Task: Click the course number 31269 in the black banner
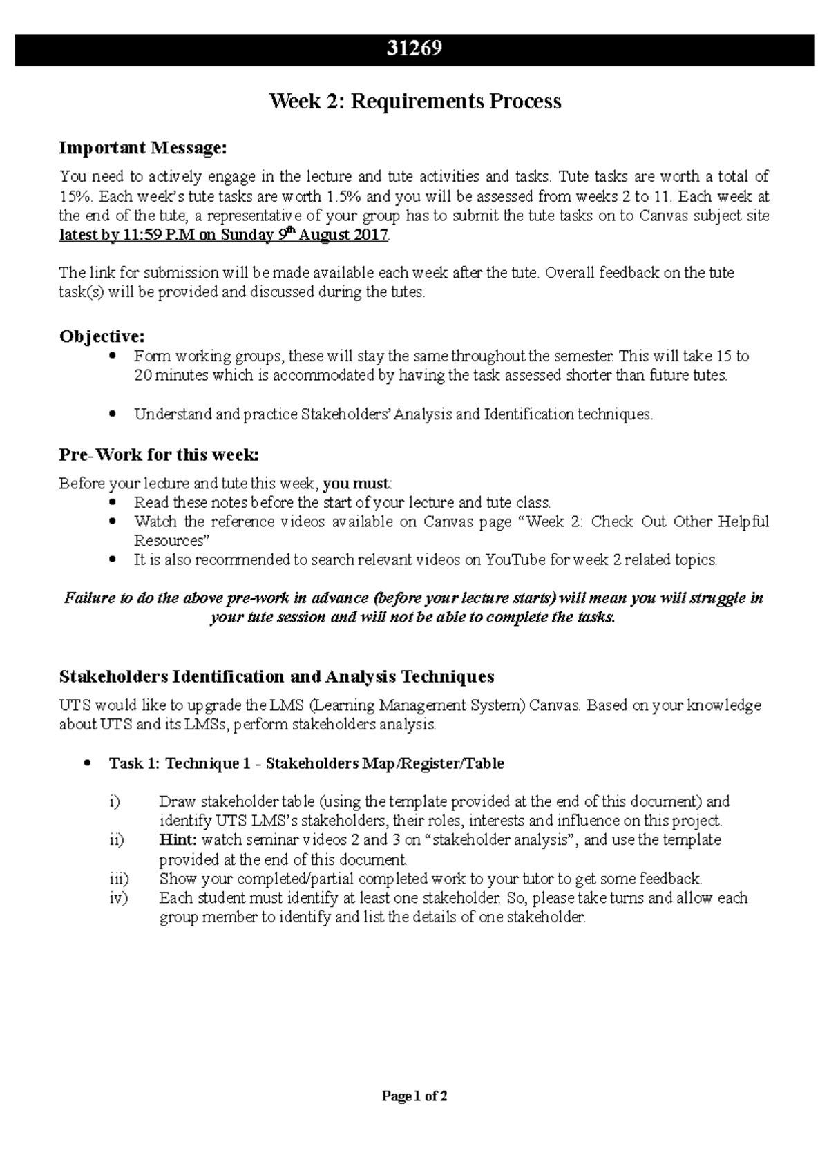click(x=414, y=49)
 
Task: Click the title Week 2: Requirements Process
click(x=414, y=102)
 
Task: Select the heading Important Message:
click(x=143, y=147)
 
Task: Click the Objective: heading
click(x=102, y=336)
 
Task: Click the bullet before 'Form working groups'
click(x=113, y=356)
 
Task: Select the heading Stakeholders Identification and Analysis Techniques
click(x=277, y=676)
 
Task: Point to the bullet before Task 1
click(x=87, y=763)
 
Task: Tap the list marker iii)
click(x=119, y=879)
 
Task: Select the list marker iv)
click(x=119, y=898)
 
